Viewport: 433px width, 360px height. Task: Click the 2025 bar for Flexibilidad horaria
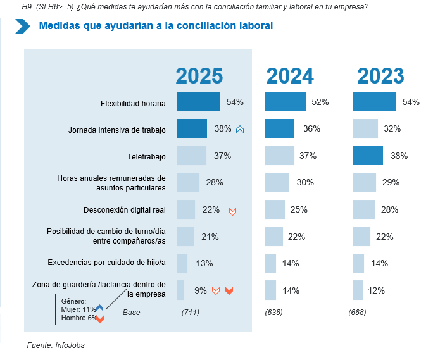tap(198, 102)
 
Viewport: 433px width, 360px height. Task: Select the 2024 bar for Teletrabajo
tap(279, 156)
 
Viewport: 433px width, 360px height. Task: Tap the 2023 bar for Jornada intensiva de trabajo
tap(365, 129)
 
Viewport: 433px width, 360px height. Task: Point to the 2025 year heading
tap(199, 76)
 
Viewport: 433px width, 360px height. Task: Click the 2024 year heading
tap(290, 76)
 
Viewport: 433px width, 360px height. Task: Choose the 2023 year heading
tap(380, 76)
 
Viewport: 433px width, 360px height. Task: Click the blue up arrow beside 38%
tap(240, 130)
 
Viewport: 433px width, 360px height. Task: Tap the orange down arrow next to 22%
tap(232, 211)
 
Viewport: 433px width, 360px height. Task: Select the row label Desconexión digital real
tap(124, 209)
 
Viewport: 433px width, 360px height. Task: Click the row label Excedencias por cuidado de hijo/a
tap(106, 262)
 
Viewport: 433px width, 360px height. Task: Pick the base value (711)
tap(191, 313)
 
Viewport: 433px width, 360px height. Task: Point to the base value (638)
tap(273, 313)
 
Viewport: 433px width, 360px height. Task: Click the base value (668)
tap(358, 313)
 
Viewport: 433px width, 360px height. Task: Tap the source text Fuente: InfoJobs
tap(56, 345)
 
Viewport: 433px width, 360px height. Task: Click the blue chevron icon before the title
tap(23, 26)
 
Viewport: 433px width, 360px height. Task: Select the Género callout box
tap(80, 309)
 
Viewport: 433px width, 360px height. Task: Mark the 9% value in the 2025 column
tap(201, 290)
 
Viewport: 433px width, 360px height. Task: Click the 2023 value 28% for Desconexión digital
tap(390, 209)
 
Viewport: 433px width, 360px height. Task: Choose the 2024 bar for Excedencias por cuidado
tap(270, 263)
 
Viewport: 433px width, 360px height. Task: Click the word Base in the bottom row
tap(132, 313)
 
